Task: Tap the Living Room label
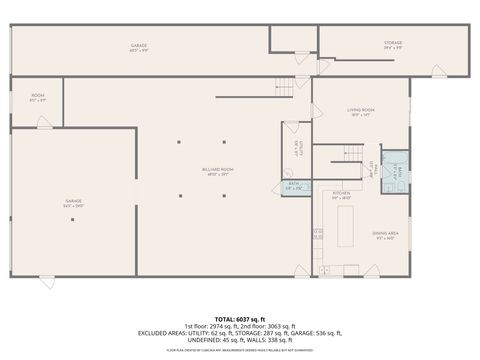pyautogui.click(x=360, y=111)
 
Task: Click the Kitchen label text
pyautogui.click(x=341, y=193)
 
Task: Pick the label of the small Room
pyautogui.click(x=36, y=98)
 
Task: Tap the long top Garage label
pyautogui.click(x=139, y=48)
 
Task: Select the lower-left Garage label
pyautogui.click(x=73, y=203)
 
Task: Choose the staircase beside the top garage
pyautogui.click(x=285, y=84)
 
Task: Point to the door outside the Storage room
pyautogui.click(x=437, y=71)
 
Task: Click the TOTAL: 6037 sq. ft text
pyautogui.click(x=239, y=319)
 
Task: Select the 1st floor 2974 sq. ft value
pyautogui.click(x=212, y=326)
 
